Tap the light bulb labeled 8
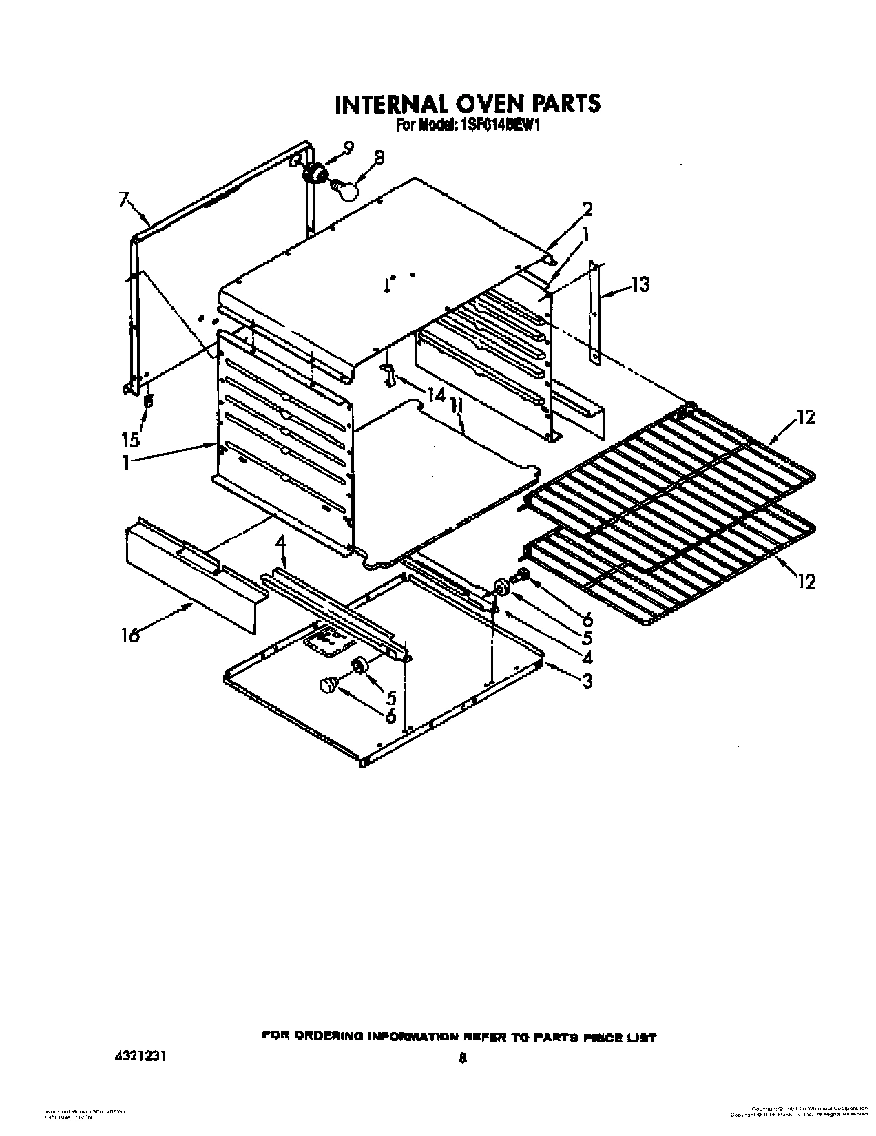pyautogui.click(x=346, y=188)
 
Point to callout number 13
pyautogui.click(x=640, y=284)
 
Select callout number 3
pyautogui.click(x=586, y=681)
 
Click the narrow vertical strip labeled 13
pyautogui.click(x=596, y=311)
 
